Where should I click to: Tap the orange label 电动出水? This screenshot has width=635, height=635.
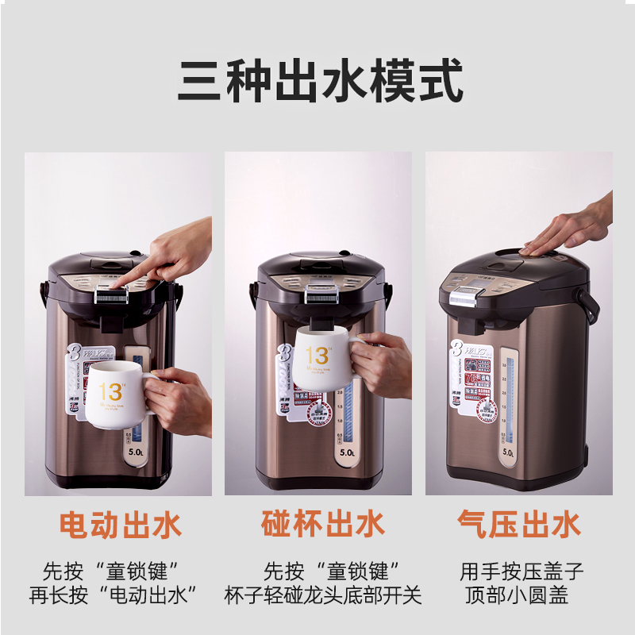[x=121, y=525]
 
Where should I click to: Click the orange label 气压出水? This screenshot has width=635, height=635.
[x=519, y=525]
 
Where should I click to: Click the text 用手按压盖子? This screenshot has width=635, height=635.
[x=521, y=570]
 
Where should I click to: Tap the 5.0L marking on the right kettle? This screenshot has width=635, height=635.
[x=508, y=452]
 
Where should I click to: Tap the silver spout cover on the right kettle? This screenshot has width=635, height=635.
[x=464, y=297]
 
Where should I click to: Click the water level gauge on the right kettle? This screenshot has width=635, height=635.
[x=508, y=397]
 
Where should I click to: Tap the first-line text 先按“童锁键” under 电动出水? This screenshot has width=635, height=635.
[x=111, y=570]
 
